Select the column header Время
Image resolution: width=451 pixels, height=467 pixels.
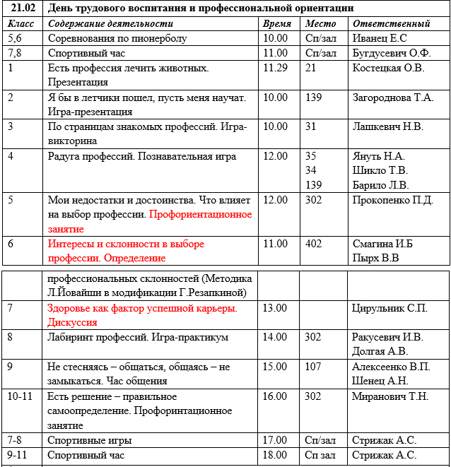[x=276, y=23]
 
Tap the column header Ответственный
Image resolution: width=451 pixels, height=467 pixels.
[x=391, y=23]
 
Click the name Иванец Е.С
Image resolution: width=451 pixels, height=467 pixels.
[x=380, y=38]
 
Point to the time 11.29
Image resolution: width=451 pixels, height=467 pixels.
[x=275, y=68]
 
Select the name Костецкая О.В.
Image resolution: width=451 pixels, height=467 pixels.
[x=388, y=68]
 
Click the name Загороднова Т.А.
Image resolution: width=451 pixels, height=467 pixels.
[x=393, y=97]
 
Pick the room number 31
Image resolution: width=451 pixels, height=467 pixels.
[x=310, y=127]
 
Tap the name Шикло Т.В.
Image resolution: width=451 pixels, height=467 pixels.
[x=380, y=170]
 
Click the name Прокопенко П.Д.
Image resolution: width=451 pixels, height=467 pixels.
[x=392, y=200]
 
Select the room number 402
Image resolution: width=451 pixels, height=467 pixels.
[x=313, y=244]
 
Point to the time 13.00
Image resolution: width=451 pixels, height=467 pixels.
[x=275, y=308]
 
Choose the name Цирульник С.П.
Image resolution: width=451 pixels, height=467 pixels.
[x=389, y=308]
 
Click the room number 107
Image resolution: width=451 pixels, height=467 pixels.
[x=313, y=367]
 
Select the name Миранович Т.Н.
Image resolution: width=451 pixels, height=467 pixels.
[x=390, y=396]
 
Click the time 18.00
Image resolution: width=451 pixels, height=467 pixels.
[x=275, y=456]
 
